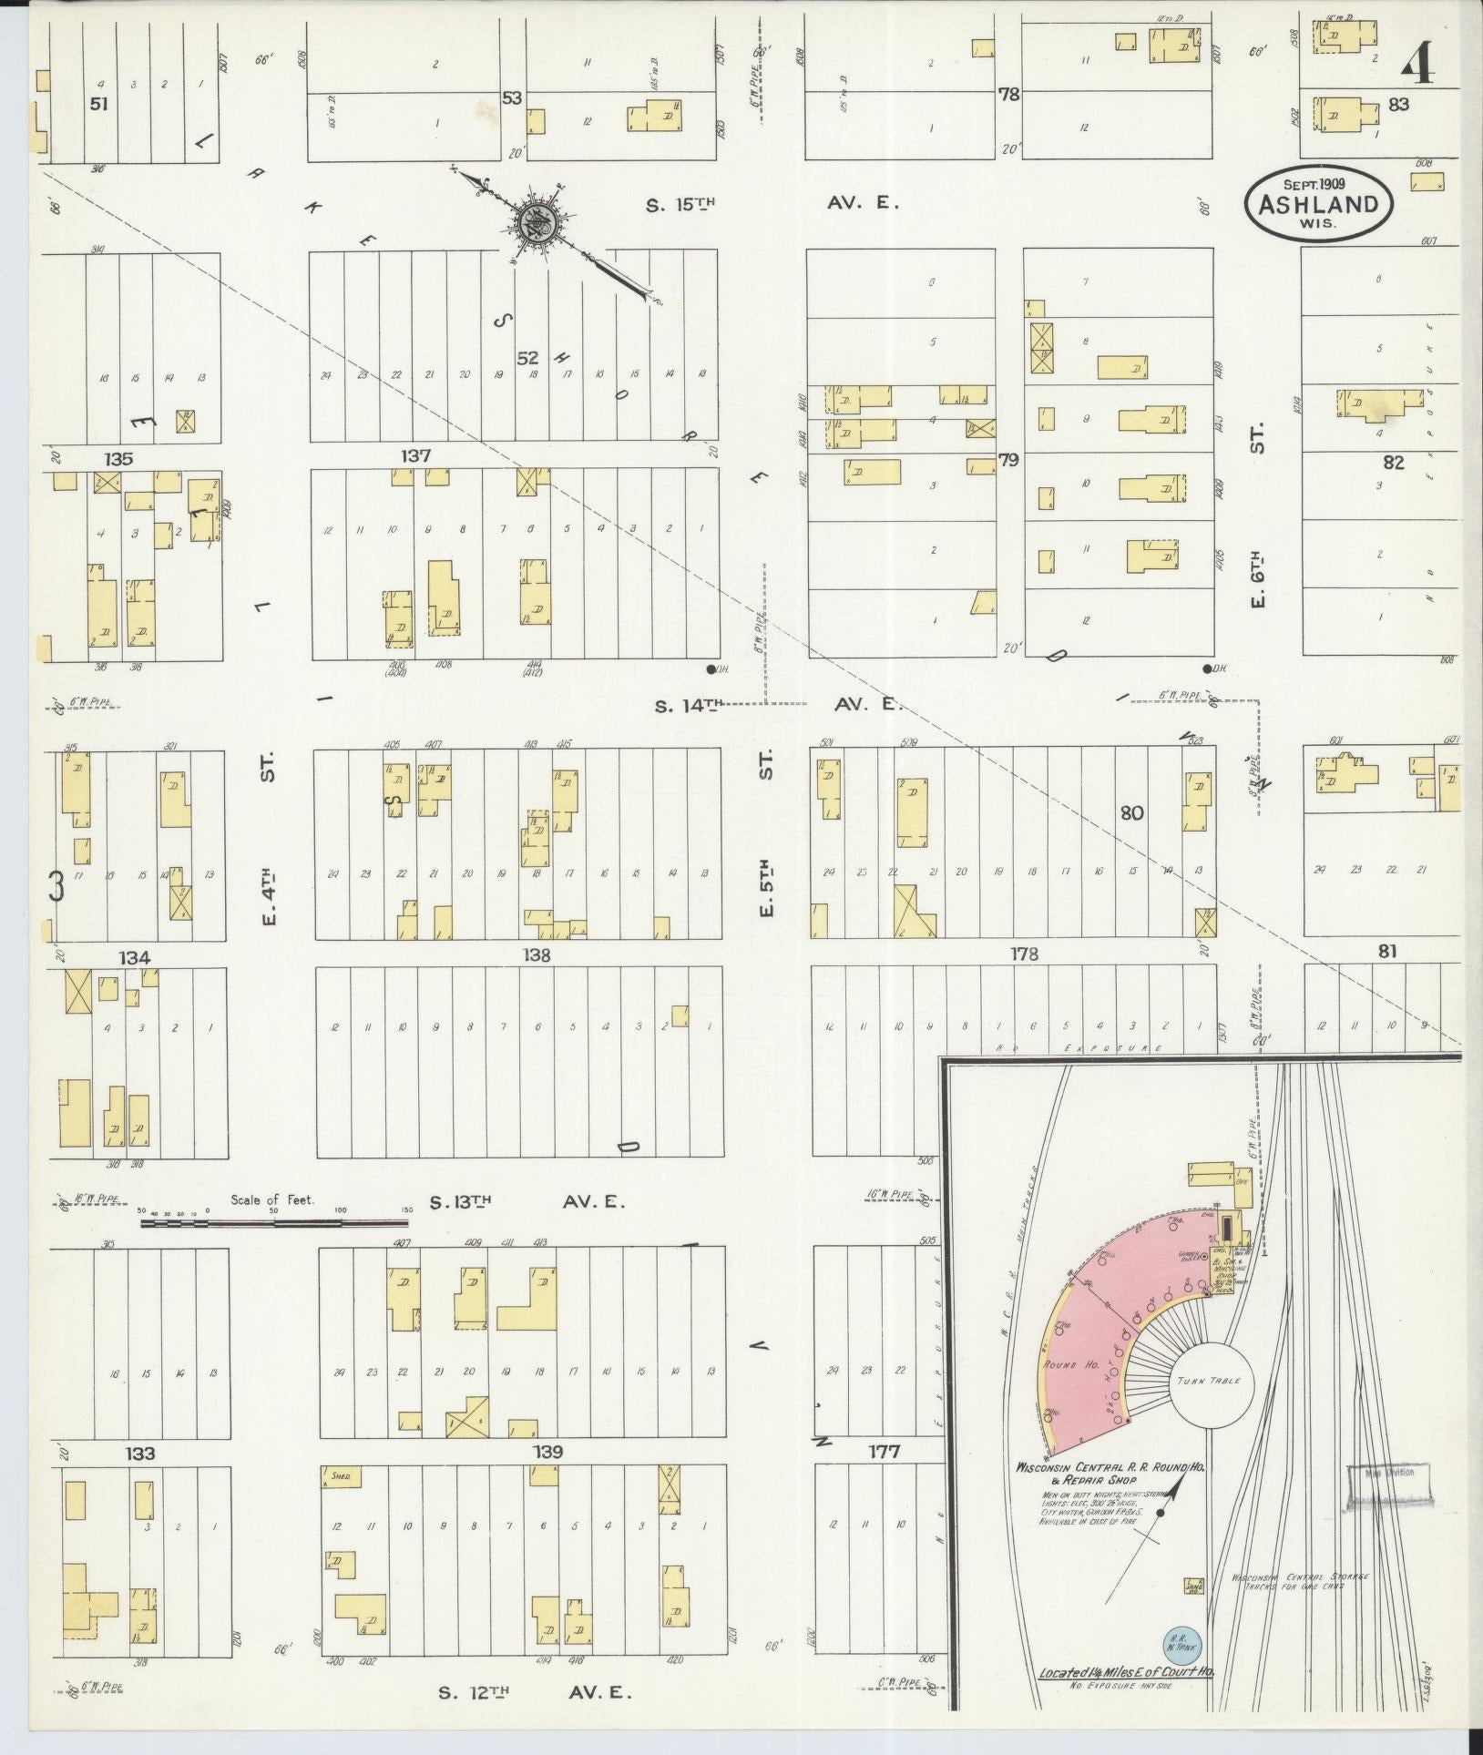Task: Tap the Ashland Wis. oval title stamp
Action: coord(1318,204)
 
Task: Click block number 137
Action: coord(415,455)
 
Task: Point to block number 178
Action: coord(1025,954)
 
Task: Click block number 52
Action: coord(528,357)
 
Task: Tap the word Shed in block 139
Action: coord(341,1474)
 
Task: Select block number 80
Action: coord(1131,812)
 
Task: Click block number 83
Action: coord(1399,105)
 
